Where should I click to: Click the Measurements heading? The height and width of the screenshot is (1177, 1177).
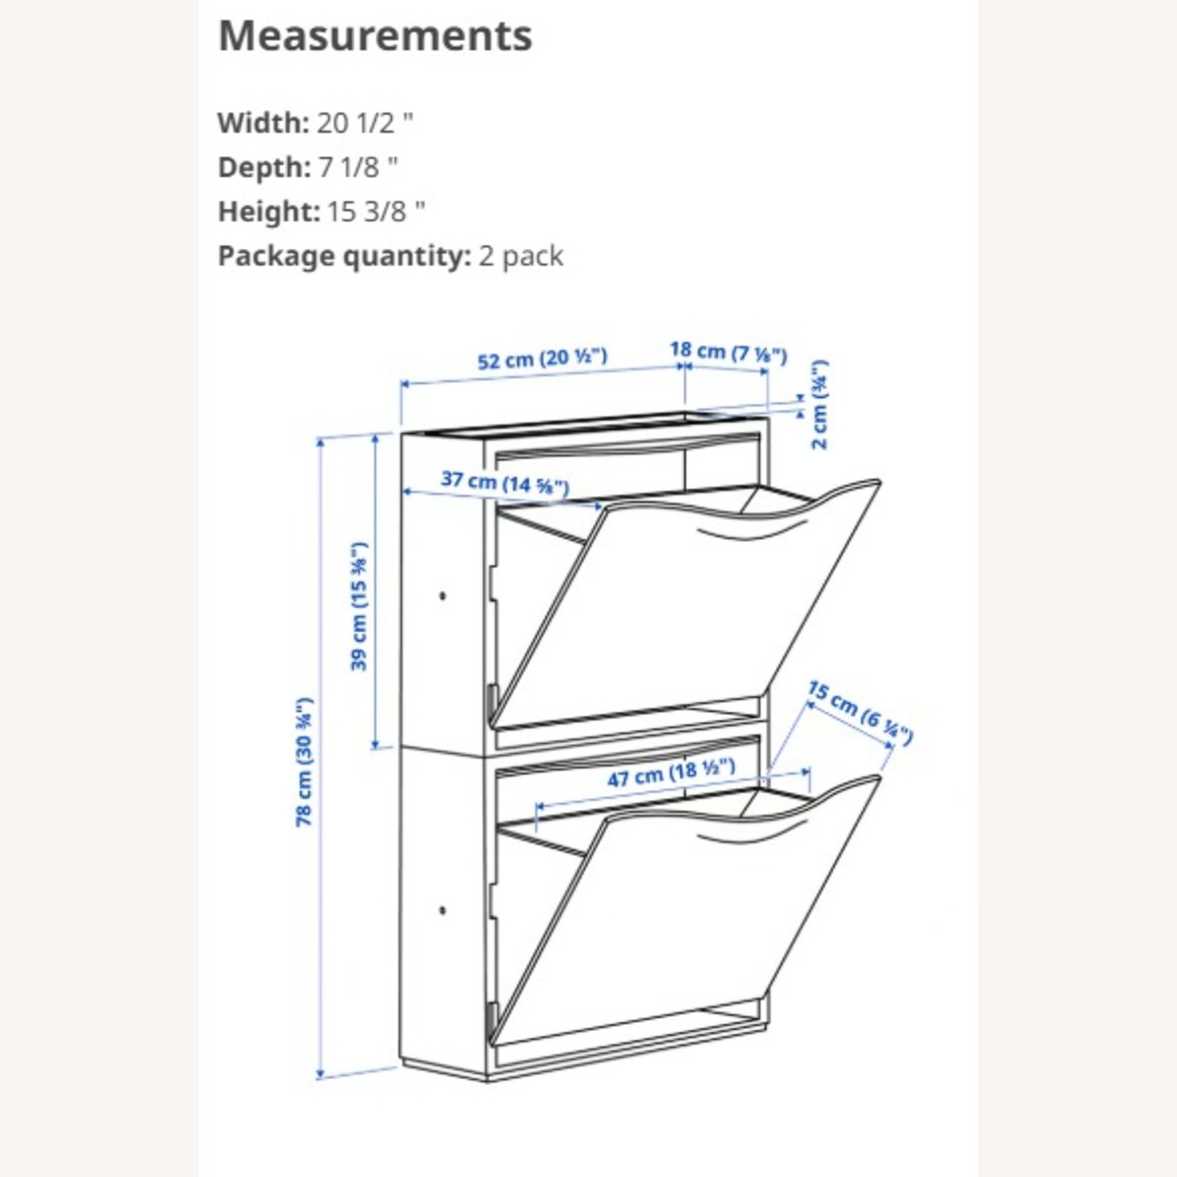(x=375, y=36)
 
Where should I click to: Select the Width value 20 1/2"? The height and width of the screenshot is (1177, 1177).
(x=365, y=123)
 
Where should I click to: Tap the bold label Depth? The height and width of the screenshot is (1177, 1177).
(x=264, y=167)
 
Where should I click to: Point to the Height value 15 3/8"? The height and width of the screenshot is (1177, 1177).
(x=376, y=211)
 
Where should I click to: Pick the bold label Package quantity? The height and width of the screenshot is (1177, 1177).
(x=344, y=256)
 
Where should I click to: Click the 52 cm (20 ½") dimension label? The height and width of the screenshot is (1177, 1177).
(x=542, y=359)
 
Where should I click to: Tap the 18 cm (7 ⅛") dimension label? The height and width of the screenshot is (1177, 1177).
(x=728, y=352)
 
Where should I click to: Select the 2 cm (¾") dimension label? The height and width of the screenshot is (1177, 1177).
(x=819, y=404)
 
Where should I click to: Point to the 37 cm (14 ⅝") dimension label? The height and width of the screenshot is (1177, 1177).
(x=505, y=482)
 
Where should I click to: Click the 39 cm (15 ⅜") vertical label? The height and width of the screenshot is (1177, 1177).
(x=359, y=606)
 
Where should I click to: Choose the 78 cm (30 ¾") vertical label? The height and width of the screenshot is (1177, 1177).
(x=304, y=761)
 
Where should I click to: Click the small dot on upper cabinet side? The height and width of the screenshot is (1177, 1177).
(x=443, y=596)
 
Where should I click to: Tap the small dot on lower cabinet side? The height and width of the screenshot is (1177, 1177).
(x=443, y=910)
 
